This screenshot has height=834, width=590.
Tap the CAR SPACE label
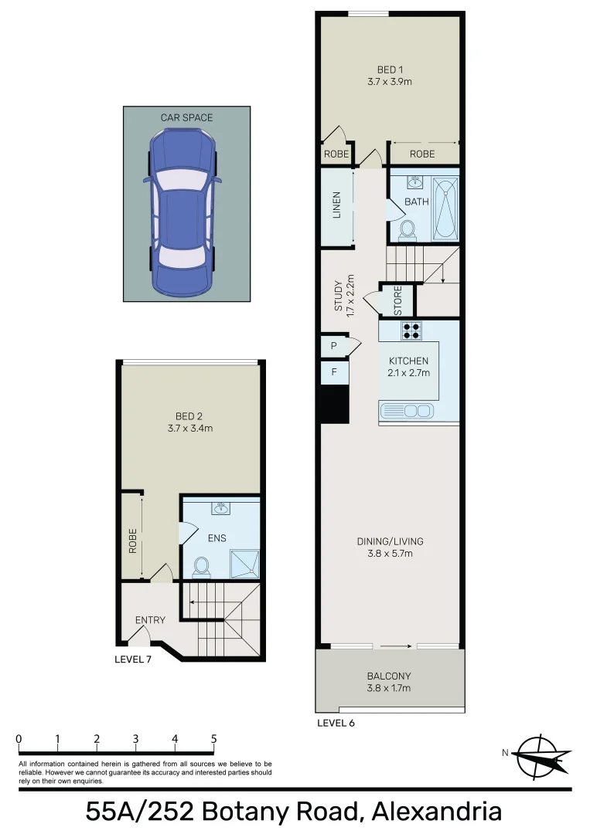pyautogui.click(x=186, y=117)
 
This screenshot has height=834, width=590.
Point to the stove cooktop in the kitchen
pyautogui.click(x=411, y=331)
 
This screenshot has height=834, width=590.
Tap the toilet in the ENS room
pyautogui.click(x=201, y=567)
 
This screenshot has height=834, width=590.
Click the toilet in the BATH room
pyautogui.click(x=408, y=230)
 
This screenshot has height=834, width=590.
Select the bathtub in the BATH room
pyautogui.click(x=445, y=208)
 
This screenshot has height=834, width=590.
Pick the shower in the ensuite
pyautogui.click(x=243, y=563)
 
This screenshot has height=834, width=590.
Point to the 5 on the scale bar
pyautogui.click(x=213, y=739)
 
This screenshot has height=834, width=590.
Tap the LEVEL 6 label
pyautogui.click(x=336, y=724)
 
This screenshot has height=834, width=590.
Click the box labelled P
pyautogui.click(x=333, y=347)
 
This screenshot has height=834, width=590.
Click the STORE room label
pyautogui.click(x=398, y=301)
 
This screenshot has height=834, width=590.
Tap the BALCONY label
pyautogui.click(x=390, y=676)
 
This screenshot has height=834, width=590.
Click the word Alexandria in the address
pyautogui.click(x=436, y=812)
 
